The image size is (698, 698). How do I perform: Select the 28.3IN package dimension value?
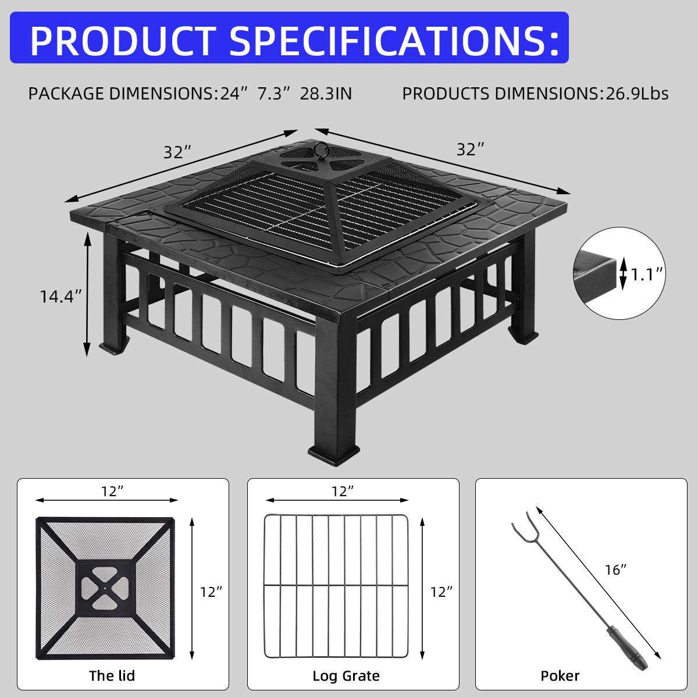326,94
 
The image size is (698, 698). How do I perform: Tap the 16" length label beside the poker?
615,570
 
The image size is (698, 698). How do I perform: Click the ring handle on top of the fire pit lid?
320,149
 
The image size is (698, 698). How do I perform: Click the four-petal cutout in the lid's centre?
104,587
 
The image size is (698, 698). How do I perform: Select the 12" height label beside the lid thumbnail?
211,592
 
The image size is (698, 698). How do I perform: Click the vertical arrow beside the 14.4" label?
87,294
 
